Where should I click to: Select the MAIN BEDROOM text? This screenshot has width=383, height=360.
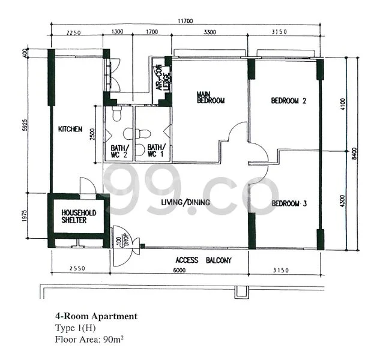(x=210, y=97)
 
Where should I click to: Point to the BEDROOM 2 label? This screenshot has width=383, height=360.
(x=289, y=101)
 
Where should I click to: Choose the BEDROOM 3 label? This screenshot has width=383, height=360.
(x=289, y=204)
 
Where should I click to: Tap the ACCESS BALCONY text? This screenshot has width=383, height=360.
(x=203, y=260)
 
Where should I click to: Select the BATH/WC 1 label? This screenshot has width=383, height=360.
(x=156, y=151)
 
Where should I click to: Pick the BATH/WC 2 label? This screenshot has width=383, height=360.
(x=119, y=151)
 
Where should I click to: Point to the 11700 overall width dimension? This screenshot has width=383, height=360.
(x=185, y=22)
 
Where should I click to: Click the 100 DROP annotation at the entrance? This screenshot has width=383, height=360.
(x=121, y=238)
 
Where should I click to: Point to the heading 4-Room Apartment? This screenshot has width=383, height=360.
(x=96, y=316)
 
